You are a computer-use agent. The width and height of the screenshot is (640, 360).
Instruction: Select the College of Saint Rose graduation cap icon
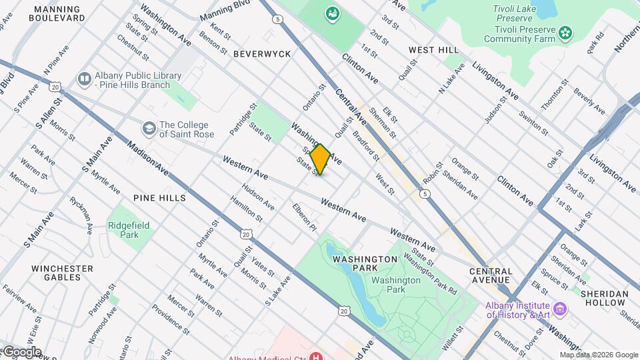point(148,127)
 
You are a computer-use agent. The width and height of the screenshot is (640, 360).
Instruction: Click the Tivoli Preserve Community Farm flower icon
point(565,31)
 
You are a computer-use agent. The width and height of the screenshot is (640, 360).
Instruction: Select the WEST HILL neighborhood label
point(433,50)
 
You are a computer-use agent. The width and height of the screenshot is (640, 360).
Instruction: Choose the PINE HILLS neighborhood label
point(159,198)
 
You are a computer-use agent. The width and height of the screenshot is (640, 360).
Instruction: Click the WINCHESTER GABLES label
point(62,273)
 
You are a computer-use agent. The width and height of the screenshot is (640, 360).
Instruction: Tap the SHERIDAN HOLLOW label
point(604,298)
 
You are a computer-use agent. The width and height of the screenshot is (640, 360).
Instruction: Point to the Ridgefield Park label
point(129,230)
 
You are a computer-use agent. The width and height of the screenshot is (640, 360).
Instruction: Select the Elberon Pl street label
point(304,217)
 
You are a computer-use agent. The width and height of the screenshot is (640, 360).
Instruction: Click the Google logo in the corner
point(21,351)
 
